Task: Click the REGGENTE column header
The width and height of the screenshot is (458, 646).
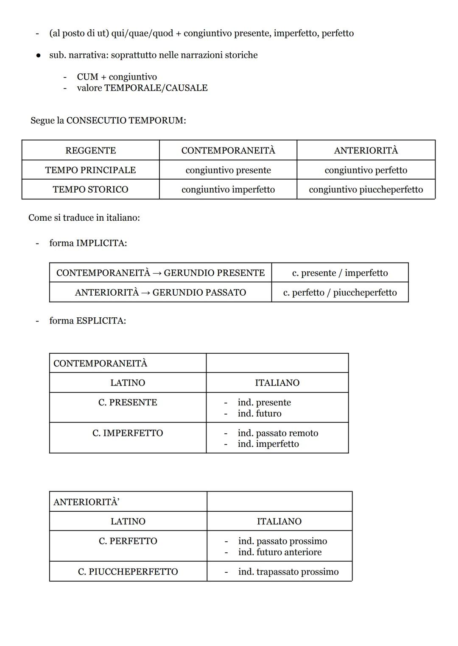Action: (90, 150)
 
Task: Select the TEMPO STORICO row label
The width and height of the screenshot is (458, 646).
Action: (90, 189)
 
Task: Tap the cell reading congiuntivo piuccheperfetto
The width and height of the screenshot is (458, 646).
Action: (366, 189)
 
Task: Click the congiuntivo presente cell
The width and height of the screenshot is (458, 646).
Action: (228, 170)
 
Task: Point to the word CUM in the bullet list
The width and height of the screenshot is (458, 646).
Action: (87, 77)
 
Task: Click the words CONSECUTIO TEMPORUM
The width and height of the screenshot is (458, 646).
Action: (126, 120)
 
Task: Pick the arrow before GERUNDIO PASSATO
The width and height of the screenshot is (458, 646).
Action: (145, 292)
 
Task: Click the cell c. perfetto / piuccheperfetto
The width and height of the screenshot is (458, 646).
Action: (340, 292)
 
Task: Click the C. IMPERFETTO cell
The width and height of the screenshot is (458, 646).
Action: (127, 433)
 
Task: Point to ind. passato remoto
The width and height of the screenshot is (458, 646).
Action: (278, 433)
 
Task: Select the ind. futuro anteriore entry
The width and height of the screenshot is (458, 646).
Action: (279, 552)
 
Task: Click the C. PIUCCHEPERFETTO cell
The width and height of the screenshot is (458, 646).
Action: (128, 571)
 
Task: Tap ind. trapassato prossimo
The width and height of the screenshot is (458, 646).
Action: (288, 571)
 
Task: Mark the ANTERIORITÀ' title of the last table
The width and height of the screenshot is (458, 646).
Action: (86, 502)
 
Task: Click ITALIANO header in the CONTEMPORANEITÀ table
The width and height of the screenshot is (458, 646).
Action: (277, 383)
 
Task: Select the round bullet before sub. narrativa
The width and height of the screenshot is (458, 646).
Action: (38, 55)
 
